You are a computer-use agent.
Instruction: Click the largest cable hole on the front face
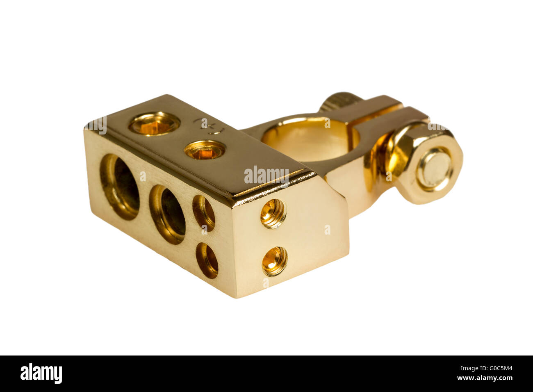coord(119,187)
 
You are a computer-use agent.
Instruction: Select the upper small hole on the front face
coord(204,213)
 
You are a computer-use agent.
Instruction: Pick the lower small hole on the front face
coord(207,260)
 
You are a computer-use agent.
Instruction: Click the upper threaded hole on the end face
coord(273,214)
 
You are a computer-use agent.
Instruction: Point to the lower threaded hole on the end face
coord(275,261)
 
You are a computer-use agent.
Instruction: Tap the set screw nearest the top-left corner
coord(155,124)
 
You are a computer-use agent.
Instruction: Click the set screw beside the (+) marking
coord(205,150)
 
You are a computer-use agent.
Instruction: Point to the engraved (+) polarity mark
coord(210,126)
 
